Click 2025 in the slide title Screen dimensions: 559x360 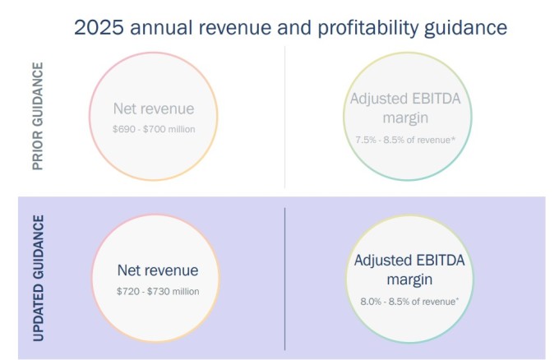(99, 27)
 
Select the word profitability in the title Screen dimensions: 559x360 (368, 29)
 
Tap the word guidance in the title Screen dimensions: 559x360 (465, 29)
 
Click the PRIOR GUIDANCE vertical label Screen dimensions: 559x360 (38, 116)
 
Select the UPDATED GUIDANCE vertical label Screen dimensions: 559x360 (39, 278)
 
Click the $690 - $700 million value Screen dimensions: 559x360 (154, 129)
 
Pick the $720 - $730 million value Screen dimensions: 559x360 (158, 291)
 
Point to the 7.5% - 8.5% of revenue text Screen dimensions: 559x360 (405, 140)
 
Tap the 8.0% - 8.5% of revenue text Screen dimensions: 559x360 (409, 302)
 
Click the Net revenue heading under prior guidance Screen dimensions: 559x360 (154, 108)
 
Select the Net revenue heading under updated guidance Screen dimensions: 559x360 (158, 270)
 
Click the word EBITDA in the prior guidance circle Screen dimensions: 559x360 (436, 99)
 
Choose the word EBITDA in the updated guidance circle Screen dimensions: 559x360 (440, 261)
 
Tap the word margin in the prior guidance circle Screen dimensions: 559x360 (405, 118)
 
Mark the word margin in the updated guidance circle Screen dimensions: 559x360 (409, 280)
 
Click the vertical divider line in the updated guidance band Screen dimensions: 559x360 (285, 279)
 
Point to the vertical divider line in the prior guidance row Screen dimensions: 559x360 (285, 117)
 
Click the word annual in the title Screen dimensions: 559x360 (161, 27)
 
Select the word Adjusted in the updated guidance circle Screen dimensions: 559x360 (382, 261)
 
